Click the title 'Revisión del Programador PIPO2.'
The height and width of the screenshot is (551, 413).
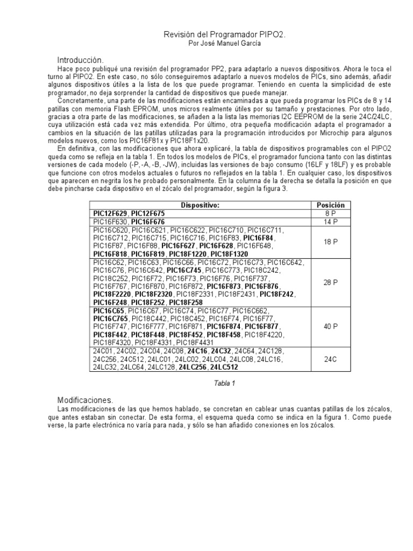pos(224,34)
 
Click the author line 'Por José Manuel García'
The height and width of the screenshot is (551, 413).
pos(224,44)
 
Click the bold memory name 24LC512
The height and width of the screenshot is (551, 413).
pos(224,367)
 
